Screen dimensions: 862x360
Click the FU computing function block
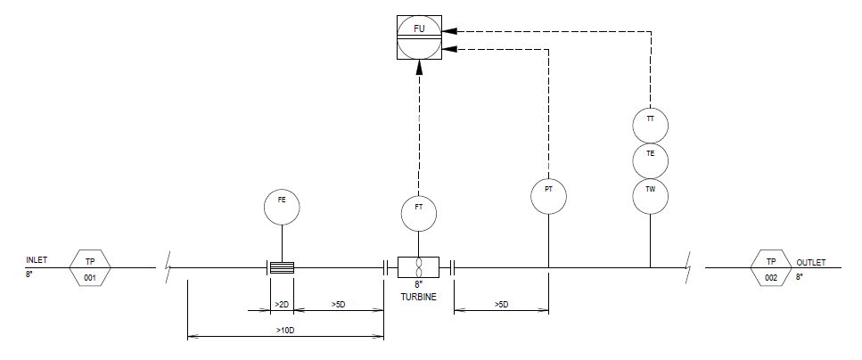point(419,37)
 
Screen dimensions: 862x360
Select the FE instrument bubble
point(282,208)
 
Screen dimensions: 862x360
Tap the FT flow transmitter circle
point(419,214)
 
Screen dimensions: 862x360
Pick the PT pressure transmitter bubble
point(548,196)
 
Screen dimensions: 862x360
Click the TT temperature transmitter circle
point(651,126)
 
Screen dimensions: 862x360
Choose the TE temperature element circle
point(651,160)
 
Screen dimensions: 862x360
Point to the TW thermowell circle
point(651,196)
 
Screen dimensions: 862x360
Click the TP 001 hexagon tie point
point(90,268)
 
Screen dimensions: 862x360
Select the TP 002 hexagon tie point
point(771,268)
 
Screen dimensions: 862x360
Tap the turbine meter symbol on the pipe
point(419,267)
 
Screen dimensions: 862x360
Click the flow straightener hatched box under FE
point(282,267)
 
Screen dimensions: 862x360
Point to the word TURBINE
point(418,298)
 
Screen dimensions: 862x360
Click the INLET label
point(37,259)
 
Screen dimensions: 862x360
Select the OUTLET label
point(811,263)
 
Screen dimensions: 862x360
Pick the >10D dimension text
point(286,331)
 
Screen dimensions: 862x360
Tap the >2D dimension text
point(282,305)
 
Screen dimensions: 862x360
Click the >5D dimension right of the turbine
point(501,305)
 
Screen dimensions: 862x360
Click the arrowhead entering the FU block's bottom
point(419,67)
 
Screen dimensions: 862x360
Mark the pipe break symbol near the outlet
point(688,267)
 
